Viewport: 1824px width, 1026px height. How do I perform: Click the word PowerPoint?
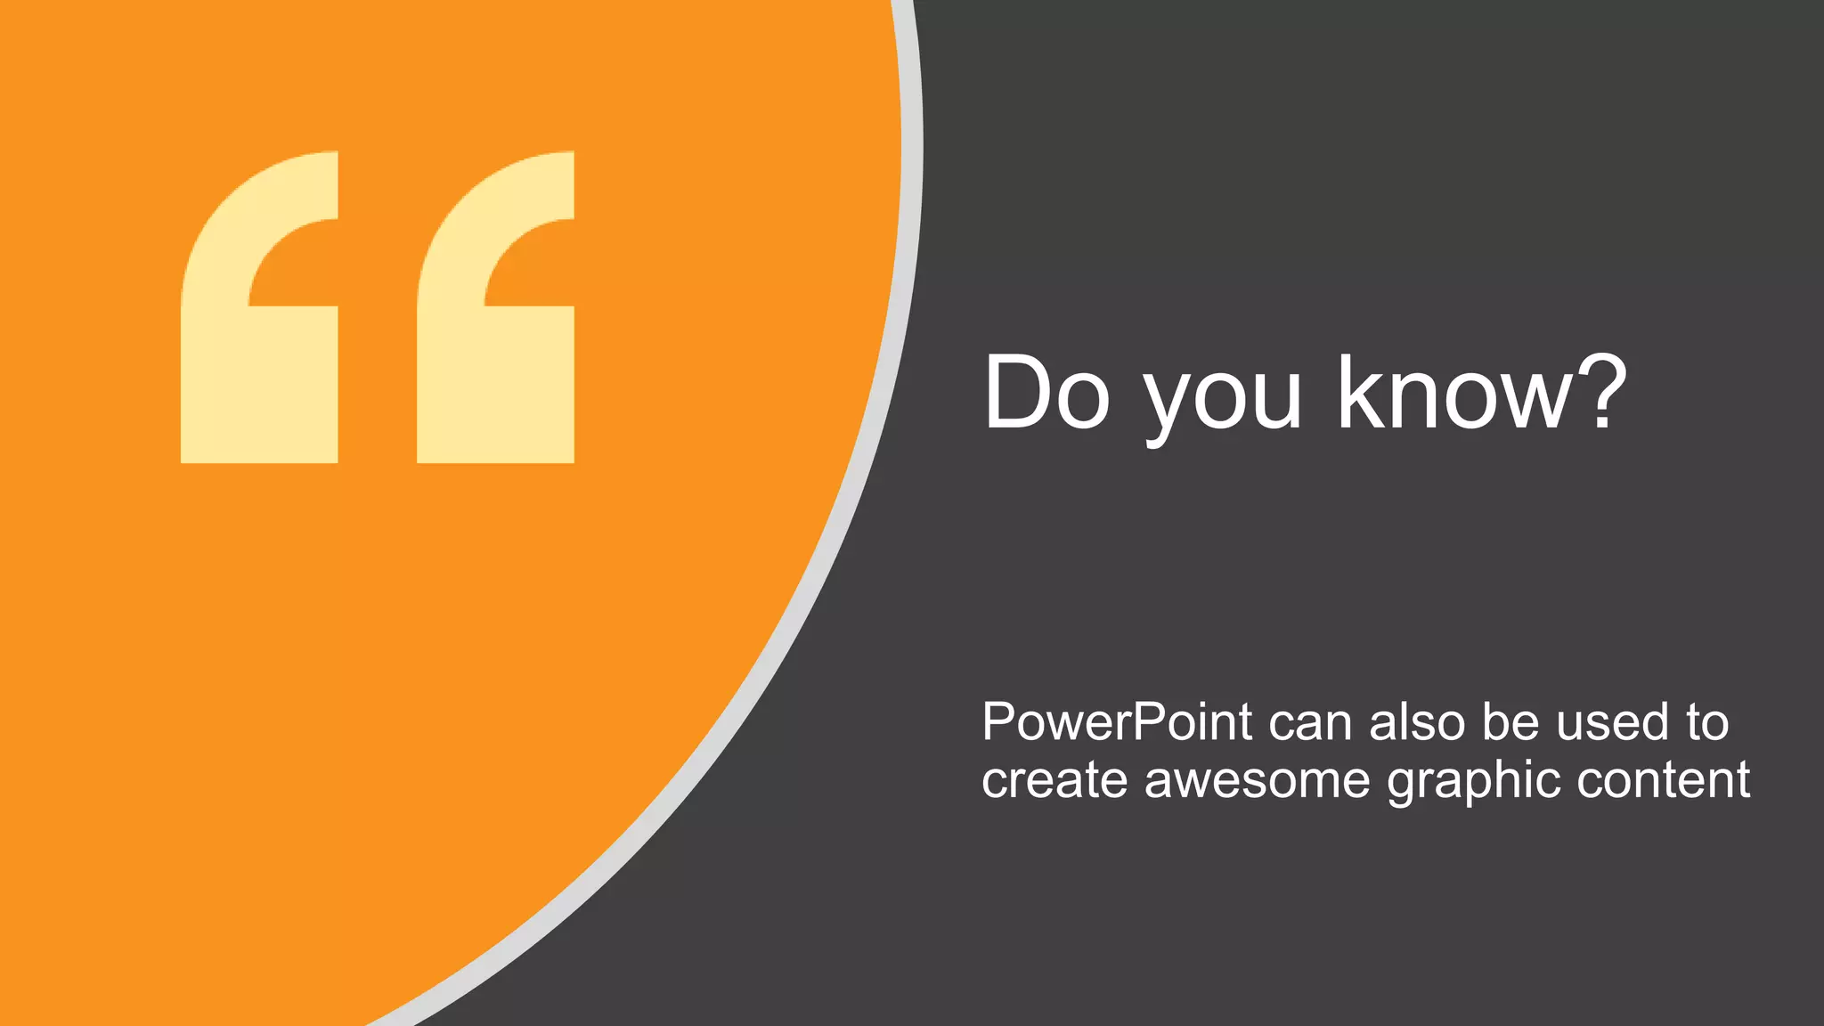coord(1117,721)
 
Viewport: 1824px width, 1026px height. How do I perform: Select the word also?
coord(1417,721)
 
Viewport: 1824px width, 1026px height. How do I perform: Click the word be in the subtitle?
coord(1510,721)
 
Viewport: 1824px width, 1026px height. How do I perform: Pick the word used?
coord(1613,721)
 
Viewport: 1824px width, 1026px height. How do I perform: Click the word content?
coord(1663,780)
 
